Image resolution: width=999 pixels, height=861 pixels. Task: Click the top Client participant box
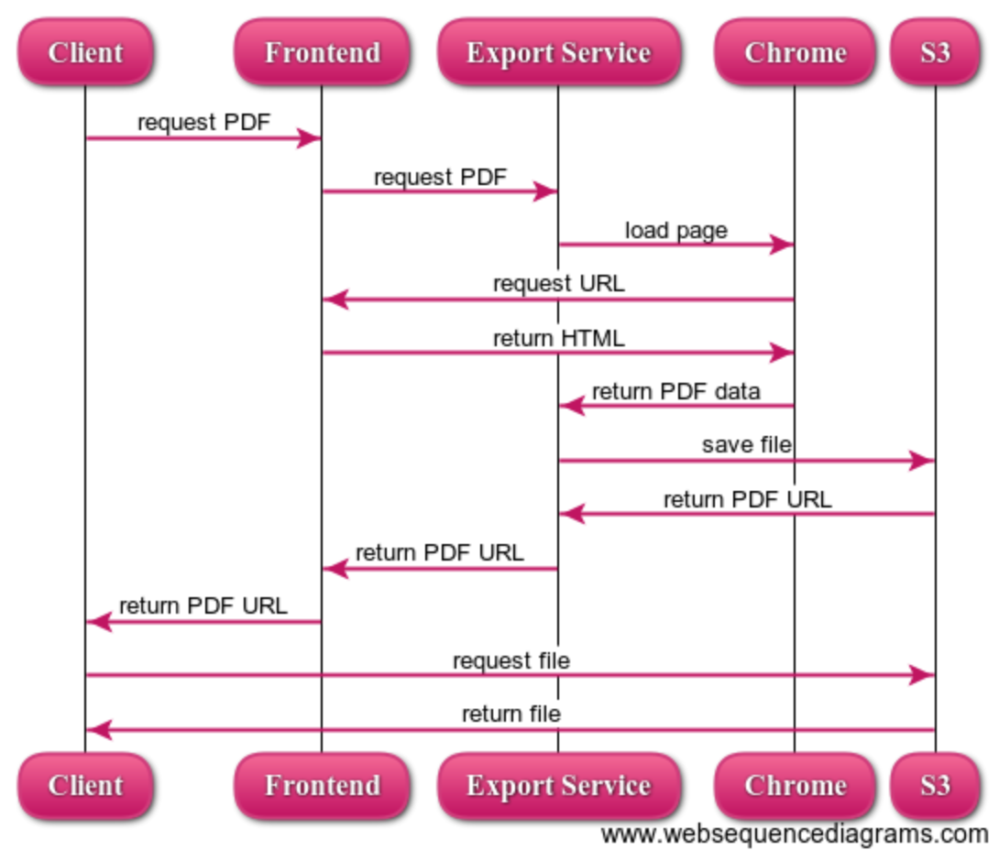coord(85,52)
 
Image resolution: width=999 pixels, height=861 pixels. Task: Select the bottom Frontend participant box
coord(322,785)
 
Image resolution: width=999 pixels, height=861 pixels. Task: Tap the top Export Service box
coord(558,52)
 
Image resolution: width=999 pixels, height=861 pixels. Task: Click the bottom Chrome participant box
coord(795,785)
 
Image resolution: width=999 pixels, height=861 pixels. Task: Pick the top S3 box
coord(935,52)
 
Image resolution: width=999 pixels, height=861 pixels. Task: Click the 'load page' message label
coord(676,230)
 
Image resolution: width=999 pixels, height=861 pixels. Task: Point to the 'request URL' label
coord(558,283)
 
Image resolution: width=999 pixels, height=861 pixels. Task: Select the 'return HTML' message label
coord(558,338)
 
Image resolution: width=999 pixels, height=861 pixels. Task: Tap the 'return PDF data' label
coord(675,391)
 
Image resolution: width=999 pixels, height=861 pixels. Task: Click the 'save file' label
coord(746,444)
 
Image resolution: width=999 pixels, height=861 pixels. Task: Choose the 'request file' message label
coord(510,659)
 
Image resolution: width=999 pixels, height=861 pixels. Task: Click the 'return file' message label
coord(510,714)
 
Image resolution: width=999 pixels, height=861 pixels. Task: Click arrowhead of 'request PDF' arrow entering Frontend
coord(310,138)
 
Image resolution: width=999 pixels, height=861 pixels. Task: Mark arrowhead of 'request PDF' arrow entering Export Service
coord(546,191)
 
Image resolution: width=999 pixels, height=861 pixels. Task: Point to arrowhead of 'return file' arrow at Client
coord(97,730)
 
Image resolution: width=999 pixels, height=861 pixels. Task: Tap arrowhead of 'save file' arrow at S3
coord(923,461)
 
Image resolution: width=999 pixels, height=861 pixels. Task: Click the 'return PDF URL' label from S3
coord(747,499)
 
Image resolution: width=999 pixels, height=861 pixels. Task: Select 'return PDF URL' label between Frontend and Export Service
coord(439,552)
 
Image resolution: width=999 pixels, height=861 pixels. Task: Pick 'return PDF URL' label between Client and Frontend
coord(203,605)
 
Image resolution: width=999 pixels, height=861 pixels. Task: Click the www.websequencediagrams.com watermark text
coord(795,834)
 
